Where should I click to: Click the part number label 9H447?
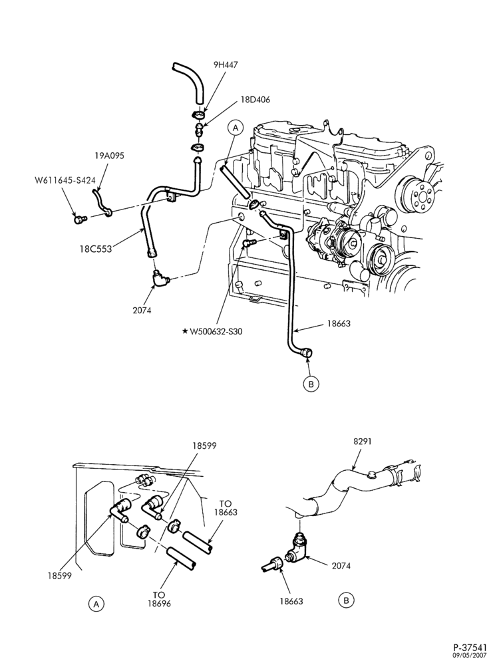coord(226,65)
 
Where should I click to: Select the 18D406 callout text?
coord(255,100)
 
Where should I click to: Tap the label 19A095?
coord(110,156)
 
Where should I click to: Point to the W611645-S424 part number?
coord(65,180)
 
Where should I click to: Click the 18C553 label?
coord(95,249)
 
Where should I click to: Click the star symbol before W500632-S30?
coord(184,331)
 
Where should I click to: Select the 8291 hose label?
coord(363,441)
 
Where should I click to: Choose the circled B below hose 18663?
coord(311,384)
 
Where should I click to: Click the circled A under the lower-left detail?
coord(96,604)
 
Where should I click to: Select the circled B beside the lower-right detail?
coord(346,600)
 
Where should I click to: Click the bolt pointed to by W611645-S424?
coord(79,219)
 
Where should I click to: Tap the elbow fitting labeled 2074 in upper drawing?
coord(160,279)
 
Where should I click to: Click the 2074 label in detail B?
coord(342,565)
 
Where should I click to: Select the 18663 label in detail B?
coord(291,601)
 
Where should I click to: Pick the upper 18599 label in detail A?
coord(204,446)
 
